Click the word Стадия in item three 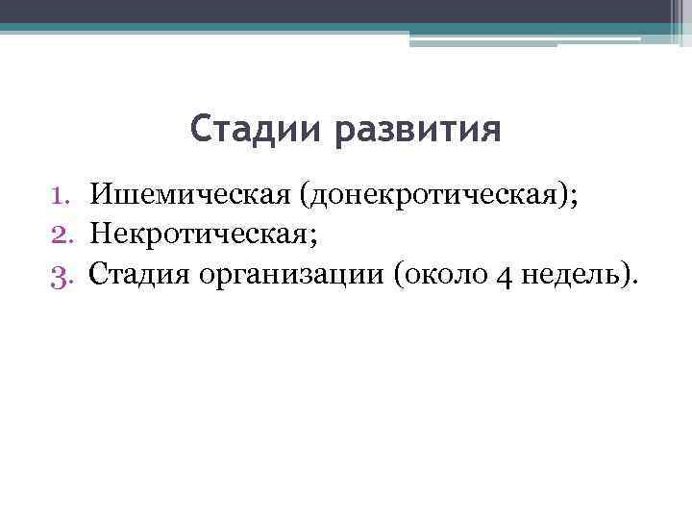141,277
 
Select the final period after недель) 633,284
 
